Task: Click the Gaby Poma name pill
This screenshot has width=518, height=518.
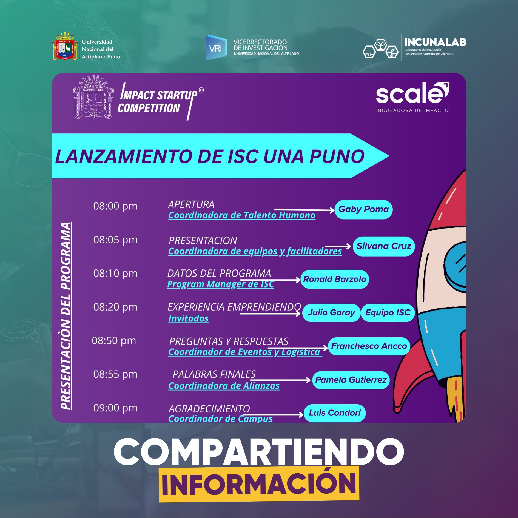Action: [363, 209]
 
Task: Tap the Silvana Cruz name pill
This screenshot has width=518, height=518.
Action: [383, 246]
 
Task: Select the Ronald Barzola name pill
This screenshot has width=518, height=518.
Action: [335, 279]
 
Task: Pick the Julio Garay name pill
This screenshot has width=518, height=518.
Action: [331, 312]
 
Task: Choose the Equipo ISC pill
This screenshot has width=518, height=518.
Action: [388, 312]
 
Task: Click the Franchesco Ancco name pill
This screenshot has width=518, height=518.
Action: [369, 346]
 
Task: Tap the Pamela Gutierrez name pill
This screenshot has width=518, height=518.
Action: [351, 380]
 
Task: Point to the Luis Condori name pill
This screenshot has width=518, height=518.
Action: [335, 413]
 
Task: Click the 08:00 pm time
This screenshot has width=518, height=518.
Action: [115, 206]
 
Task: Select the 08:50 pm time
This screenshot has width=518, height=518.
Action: [114, 341]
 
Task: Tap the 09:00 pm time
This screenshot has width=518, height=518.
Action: [115, 408]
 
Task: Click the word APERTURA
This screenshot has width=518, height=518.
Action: [191, 204]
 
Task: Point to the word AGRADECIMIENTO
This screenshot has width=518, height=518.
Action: [209, 409]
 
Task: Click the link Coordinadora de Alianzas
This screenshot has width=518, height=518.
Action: [224, 386]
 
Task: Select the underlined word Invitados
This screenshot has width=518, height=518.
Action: [188, 318]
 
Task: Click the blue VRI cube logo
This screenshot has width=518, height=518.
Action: [216, 48]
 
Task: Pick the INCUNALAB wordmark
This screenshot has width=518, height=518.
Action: [435, 42]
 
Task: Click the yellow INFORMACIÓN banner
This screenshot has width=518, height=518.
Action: [259, 484]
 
